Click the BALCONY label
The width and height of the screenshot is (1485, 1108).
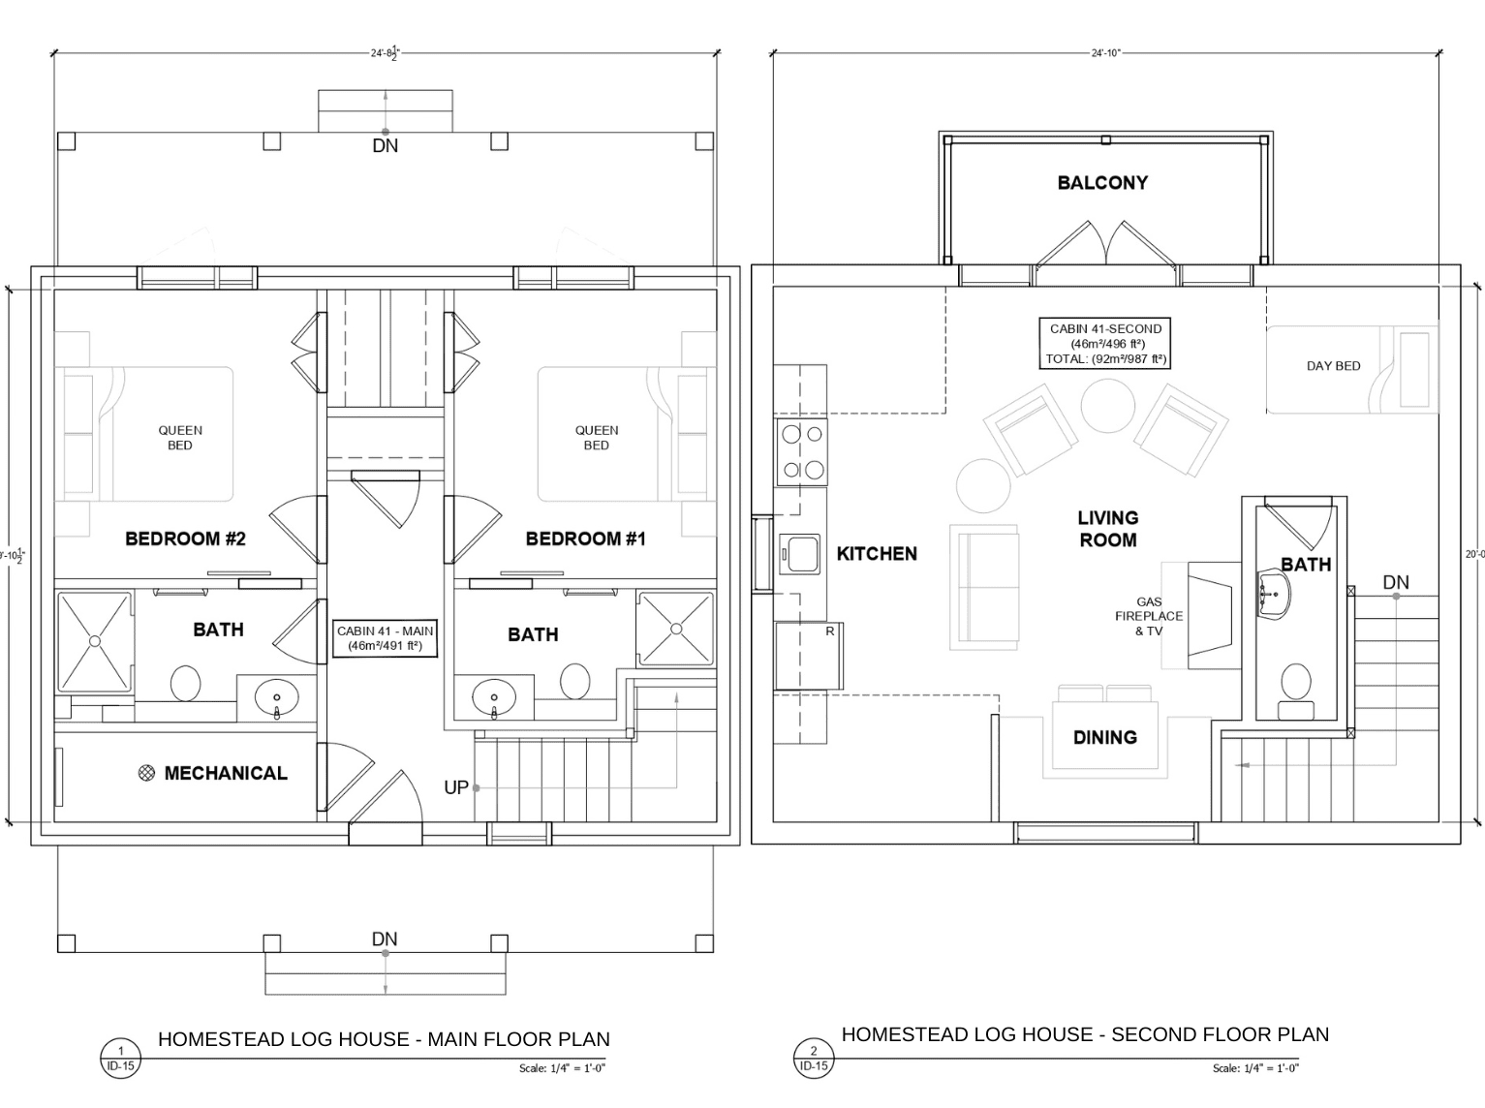pos(1102,183)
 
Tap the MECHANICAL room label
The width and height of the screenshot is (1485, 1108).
pos(226,773)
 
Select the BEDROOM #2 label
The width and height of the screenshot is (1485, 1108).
pos(185,539)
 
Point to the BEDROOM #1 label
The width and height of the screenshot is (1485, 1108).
pos(585,539)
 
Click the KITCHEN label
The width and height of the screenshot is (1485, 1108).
pos(877,553)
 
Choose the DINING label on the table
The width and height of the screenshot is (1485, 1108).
pos(1104,737)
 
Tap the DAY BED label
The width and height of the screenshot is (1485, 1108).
pos(1333,366)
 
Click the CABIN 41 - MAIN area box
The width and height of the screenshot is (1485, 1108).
pos(385,638)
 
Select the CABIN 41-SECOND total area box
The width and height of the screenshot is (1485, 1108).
pos(1104,344)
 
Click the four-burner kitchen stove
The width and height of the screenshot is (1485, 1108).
pos(802,452)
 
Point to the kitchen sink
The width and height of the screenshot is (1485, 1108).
pos(799,555)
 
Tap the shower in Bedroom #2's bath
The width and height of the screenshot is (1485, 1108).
pos(95,641)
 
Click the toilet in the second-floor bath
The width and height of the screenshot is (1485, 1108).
pos(1296,690)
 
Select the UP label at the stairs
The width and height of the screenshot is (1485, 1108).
pos(456,787)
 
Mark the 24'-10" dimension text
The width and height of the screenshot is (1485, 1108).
pos(1105,52)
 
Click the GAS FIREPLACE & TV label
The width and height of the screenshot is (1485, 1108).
pos(1149,616)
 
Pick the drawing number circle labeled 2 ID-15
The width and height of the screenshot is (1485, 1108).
pos(813,1058)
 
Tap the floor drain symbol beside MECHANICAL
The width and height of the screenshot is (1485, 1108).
pos(146,773)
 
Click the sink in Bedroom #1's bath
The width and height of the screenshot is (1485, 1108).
pos(493,698)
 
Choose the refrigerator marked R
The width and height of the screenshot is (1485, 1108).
pos(809,656)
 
